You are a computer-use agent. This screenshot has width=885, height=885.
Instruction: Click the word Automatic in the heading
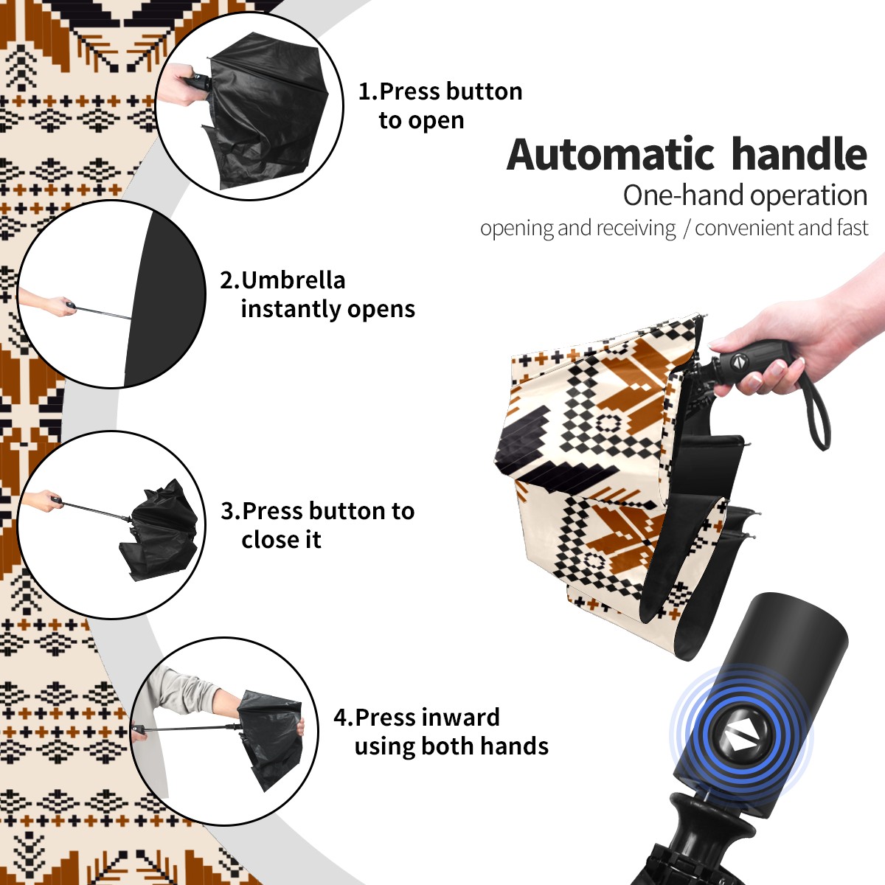click(x=611, y=154)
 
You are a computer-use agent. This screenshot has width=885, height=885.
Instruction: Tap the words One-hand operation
click(x=745, y=196)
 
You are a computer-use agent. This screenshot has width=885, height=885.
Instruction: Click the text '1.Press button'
click(x=440, y=91)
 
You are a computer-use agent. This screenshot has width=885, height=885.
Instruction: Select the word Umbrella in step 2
click(x=293, y=280)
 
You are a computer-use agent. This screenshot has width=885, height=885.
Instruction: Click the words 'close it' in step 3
click(x=281, y=539)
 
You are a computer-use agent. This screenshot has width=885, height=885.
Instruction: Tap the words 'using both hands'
click(x=451, y=746)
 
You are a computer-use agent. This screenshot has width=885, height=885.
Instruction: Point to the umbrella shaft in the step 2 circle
click(x=104, y=313)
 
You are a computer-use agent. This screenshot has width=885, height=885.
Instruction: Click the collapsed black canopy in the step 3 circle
click(x=160, y=531)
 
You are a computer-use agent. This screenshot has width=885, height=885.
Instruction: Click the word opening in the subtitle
click(x=517, y=228)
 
